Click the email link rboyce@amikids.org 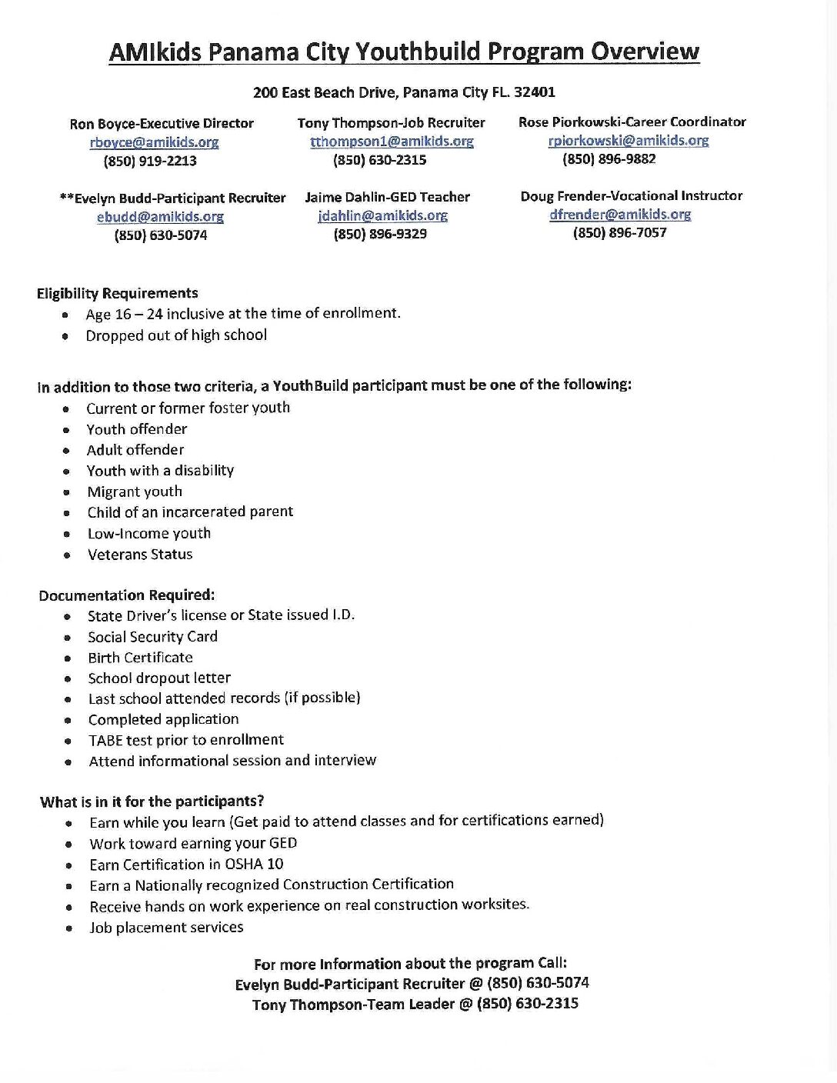pos(154,142)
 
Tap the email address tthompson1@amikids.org pos(392,142)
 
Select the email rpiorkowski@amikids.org pos(628,140)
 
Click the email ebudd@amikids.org pos(160,217)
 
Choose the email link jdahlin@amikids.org pos(382,215)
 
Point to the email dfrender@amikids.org pos(619,214)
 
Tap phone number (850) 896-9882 pos(609,158)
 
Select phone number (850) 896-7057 pos(619,232)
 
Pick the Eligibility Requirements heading pos(117,293)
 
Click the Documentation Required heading pos(127,595)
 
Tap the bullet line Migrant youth pos(135,492)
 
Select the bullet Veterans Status pos(140,554)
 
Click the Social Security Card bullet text pos(152,636)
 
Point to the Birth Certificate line pos(140,657)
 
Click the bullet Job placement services pos(166,927)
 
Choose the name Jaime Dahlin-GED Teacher pos(387,197)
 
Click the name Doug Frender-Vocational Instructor pos(631,195)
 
